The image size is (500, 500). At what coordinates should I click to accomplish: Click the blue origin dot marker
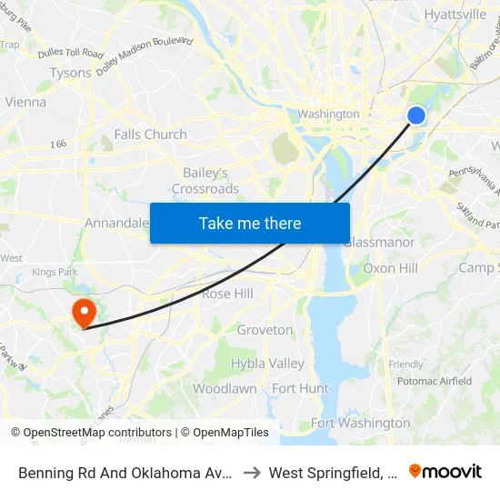(x=415, y=115)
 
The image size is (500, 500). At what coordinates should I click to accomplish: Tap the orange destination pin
(x=84, y=313)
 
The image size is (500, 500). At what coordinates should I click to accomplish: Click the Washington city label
(x=329, y=115)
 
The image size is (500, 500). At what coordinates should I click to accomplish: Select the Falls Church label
(x=151, y=135)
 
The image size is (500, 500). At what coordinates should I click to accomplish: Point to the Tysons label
(x=70, y=73)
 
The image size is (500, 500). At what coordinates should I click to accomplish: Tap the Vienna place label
(x=25, y=102)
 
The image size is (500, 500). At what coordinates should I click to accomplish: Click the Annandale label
(x=116, y=223)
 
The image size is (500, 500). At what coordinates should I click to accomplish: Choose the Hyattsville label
(x=455, y=15)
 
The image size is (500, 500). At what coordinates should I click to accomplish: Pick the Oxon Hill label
(x=390, y=268)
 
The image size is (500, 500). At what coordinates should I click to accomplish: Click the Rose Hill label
(x=227, y=295)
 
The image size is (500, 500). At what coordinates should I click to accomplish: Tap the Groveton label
(x=265, y=330)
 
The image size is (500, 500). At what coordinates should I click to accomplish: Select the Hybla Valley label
(x=267, y=364)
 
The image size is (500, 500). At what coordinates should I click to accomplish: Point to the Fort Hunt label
(x=300, y=388)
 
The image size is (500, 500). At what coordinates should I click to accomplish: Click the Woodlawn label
(x=225, y=388)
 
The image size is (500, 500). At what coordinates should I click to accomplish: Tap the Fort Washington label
(x=360, y=423)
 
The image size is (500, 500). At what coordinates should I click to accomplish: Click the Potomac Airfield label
(x=435, y=382)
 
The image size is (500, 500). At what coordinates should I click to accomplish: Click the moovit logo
(x=445, y=472)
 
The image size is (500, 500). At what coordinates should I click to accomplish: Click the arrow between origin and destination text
(x=253, y=473)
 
